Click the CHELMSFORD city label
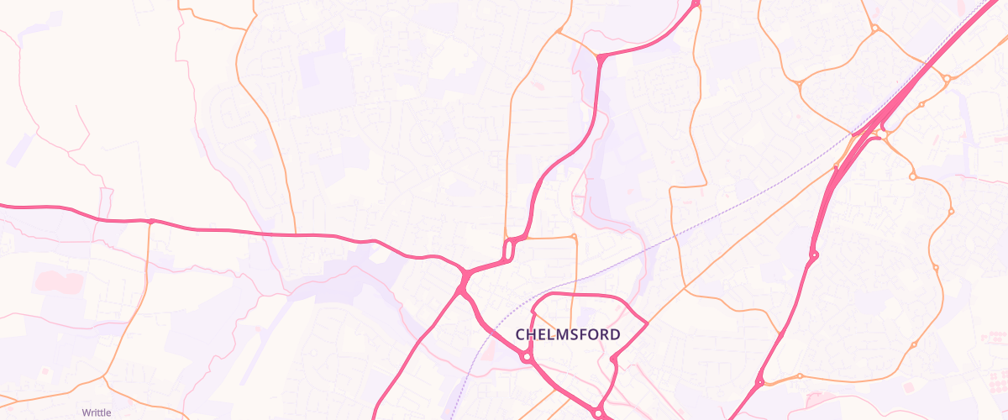(568, 334)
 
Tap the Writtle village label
(96, 412)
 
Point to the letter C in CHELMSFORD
(521, 334)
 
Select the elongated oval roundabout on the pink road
(509, 249)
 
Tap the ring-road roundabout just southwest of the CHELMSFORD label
(527, 356)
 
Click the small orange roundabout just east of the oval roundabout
(574, 237)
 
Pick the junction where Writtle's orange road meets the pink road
(150, 222)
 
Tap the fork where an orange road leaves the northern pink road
(601, 56)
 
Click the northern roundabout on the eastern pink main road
(814, 255)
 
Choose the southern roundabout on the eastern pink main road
(760, 382)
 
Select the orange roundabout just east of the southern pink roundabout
(800, 375)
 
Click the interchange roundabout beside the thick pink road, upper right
(882, 132)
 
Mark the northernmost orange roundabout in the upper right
(874, 29)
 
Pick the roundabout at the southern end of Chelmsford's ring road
(597, 412)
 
